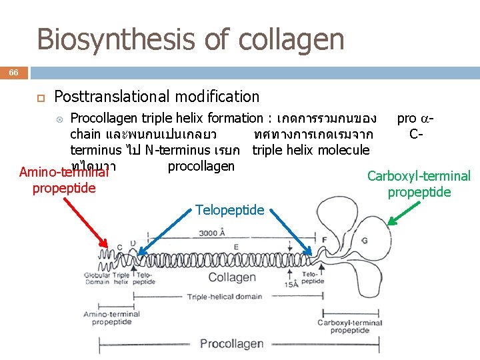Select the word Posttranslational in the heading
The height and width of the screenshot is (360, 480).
click(x=107, y=97)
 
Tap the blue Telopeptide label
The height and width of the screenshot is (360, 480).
click(x=230, y=210)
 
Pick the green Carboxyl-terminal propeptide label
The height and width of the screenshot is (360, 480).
click(x=419, y=184)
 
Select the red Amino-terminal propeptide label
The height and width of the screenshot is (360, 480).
click(x=64, y=180)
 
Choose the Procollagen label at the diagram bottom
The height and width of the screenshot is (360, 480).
click(x=231, y=344)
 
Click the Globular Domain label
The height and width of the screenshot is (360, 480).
click(x=97, y=278)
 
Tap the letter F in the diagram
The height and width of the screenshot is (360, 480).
click(x=325, y=239)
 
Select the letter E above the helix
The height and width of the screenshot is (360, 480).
click(x=236, y=247)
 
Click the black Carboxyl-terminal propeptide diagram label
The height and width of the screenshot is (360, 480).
click(x=350, y=327)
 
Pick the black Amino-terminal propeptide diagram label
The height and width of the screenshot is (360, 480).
click(x=111, y=318)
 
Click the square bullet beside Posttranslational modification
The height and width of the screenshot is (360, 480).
click(x=39, y=97)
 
